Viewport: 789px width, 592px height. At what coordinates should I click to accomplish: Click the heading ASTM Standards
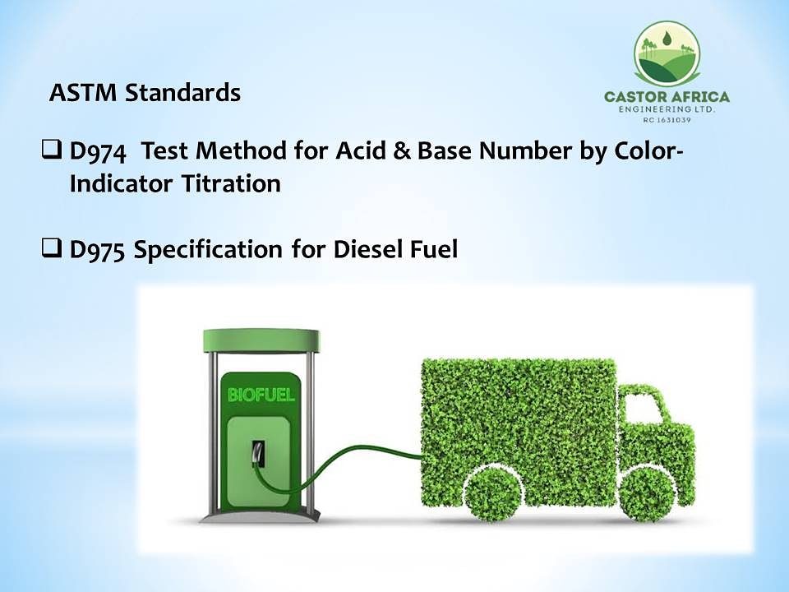click(x=145, y=93)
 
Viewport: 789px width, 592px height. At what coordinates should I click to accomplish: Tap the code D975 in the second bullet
click(x=97, y=249)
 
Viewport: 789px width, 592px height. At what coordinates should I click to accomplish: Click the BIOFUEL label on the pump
click(x=261, y=395)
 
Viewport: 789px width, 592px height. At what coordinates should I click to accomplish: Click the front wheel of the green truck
click(x=648, y=493)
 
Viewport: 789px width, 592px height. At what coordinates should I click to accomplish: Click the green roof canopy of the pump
click(x=261, y=337)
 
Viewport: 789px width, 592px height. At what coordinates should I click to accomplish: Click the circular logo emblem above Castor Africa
click(x=666, y=53)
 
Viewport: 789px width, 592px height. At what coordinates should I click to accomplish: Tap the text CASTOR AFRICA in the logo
click(x=667, y=97)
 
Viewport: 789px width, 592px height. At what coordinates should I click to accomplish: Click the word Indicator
click(x=119, y=183)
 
